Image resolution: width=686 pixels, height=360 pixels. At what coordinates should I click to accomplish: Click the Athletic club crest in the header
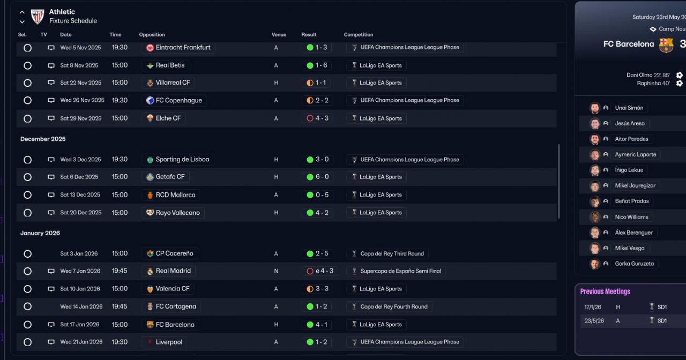[38, 17]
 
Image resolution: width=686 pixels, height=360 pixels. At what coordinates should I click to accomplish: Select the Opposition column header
[152, 35]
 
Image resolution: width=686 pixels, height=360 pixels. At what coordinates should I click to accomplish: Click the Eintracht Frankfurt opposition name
[183, 47]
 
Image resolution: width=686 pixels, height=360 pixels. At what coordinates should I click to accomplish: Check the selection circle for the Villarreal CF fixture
[28, 83]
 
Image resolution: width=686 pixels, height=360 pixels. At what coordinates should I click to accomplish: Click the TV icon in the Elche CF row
[51, 118]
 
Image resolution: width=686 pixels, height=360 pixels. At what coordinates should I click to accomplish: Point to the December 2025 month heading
[43, 139]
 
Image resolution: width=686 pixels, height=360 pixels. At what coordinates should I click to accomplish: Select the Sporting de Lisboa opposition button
[182, 159]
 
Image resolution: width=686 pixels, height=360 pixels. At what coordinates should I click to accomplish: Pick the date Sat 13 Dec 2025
[80, 195]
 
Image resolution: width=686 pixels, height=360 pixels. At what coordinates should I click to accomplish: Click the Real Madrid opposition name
[173, 271]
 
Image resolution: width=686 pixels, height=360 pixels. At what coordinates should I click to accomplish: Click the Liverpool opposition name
[169, 342]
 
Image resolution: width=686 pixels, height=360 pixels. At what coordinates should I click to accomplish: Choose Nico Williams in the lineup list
[631, 217]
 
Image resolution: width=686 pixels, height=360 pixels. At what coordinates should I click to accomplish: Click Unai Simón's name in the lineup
[628, 108]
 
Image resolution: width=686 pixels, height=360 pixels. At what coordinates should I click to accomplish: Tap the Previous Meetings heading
[605, 291]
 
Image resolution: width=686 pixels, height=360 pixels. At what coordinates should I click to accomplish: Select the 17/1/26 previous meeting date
[594, 307]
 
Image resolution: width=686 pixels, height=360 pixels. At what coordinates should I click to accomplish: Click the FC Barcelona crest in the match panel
[666, 45]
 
